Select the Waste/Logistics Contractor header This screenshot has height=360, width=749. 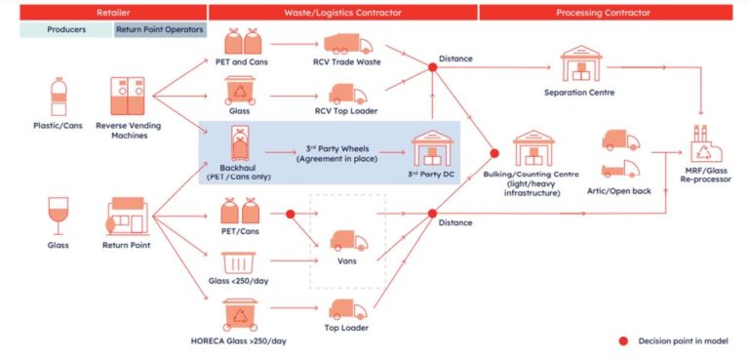[342, 12]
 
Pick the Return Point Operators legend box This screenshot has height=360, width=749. [160, 29]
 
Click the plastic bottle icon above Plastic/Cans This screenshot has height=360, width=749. [58, 98]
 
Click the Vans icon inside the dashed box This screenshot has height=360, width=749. [348, 239]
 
